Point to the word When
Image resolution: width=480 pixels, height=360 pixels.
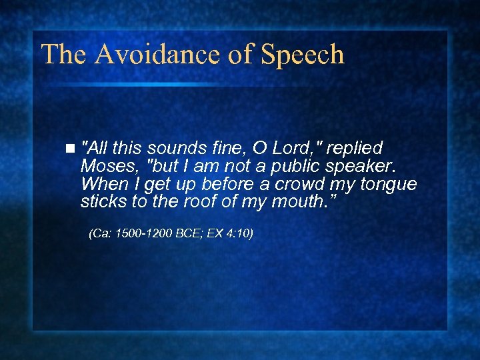tap(102, 183)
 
